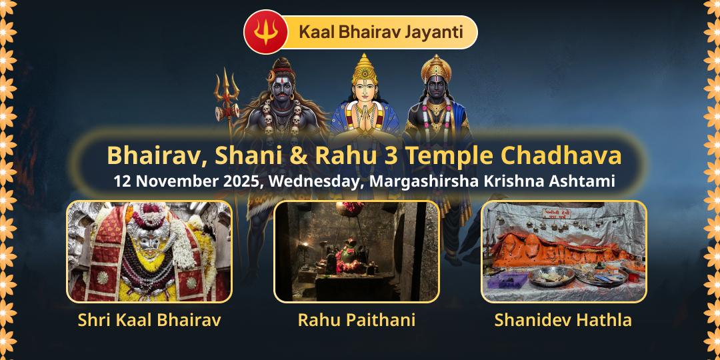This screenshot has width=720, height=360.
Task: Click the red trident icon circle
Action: (265, 32)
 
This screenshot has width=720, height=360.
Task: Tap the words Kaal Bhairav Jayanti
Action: (381, 32)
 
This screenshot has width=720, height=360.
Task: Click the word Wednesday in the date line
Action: (313, 181)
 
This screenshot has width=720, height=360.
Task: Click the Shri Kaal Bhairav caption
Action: (149, 320)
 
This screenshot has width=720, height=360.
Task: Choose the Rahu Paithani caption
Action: (357, 320)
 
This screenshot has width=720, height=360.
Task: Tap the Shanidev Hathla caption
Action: (563, 320)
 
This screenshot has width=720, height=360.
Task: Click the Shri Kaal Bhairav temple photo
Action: (149, 251)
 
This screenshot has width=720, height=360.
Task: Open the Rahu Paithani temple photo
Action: (357, 251)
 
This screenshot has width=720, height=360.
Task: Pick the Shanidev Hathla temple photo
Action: (563, 251)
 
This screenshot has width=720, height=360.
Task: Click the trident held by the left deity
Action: (227, 93)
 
